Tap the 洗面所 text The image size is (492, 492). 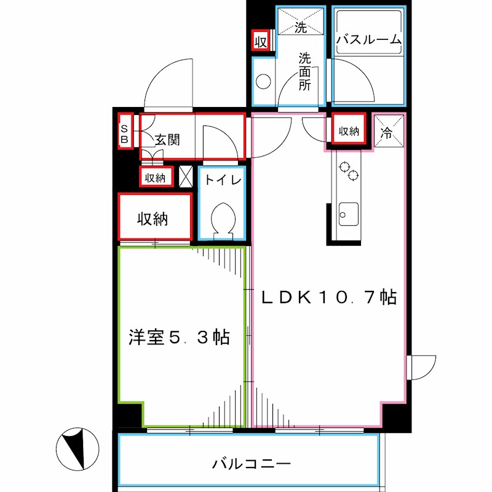[x=306, y=72]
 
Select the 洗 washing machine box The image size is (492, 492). [x=300, y=22]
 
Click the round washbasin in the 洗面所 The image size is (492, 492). [x=264, y=81]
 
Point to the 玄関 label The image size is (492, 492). [x=167, y=140]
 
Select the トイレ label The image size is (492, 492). [x=223, y=180]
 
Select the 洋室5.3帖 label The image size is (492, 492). [x=180, y=337]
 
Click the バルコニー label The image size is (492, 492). [x=251, y=463]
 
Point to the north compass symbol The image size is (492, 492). [x=77, y=447]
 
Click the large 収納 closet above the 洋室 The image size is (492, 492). [x=154, y=218]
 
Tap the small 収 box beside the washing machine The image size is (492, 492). [x=260, y=41]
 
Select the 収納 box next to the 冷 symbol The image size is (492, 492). [x=349, y=131]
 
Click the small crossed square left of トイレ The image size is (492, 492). [x=186, y=176]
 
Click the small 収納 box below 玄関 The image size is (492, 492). [x=155, y=178]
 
